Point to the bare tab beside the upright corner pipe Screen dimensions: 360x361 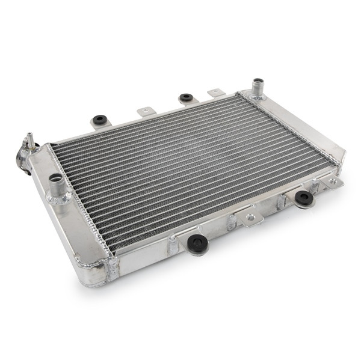[215, 93]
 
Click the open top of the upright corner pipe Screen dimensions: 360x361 [259, 81]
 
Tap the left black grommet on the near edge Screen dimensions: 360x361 [197, 243]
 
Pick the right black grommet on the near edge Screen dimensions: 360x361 [304, 197]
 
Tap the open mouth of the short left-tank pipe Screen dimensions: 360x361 [56, 178]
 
